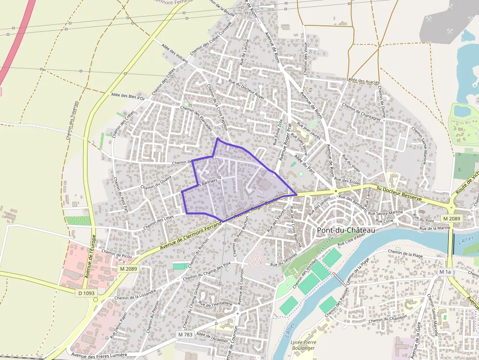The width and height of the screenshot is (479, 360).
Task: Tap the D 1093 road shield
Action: coord(86,293)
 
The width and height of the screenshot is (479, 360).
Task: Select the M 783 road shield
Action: coord(185,335)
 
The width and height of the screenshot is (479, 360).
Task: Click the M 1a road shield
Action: coord(445,272)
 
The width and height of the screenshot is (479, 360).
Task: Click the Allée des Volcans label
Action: coord(174,56)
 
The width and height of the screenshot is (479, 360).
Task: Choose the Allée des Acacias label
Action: coord(364,81)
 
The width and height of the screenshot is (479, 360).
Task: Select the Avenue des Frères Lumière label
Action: coord(99,355)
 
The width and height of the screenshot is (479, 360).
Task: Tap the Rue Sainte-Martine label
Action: coord(386,212)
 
